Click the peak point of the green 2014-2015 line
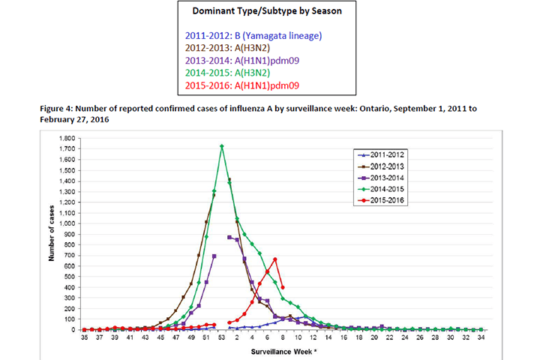click(x=222, y=146)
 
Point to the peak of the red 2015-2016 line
click(x=275, y=259)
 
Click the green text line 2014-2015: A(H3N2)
click(x=241, y=73)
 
